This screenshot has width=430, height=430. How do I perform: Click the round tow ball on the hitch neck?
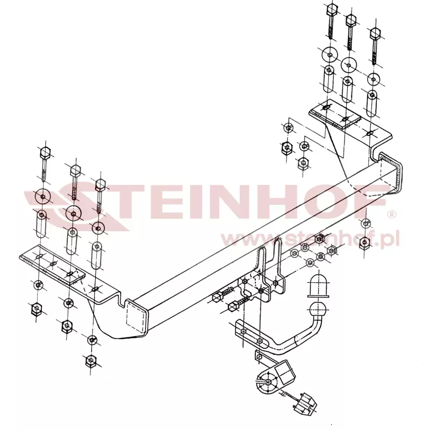click(318, 309)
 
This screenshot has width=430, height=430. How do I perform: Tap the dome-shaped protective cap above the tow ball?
click(318, 286)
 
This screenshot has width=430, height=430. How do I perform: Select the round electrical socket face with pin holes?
click(267, 382)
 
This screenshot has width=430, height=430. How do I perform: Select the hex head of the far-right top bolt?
click(375, 33)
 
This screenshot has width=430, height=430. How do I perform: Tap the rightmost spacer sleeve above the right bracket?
click(371, 103)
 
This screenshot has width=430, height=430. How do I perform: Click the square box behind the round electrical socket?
click(285, 371)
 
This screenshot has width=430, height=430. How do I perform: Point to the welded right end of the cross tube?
click(391, 173)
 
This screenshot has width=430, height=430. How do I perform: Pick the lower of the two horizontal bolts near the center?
click(238, 303)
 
